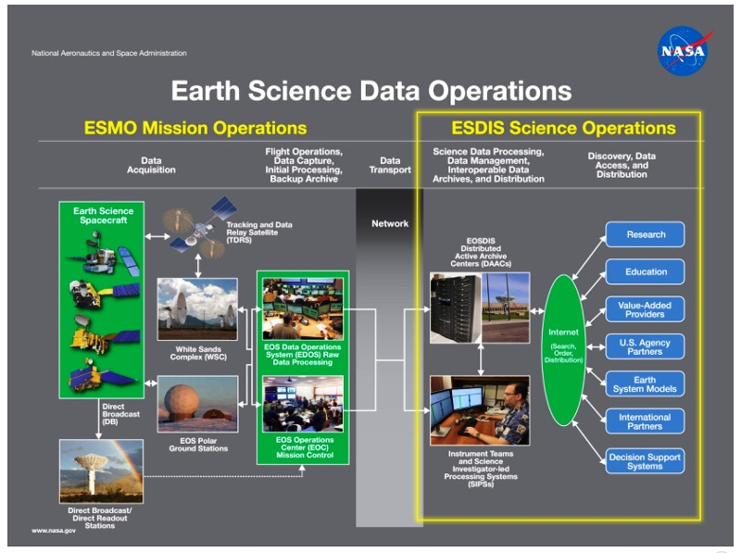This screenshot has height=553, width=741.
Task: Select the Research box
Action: pyautogui.click(x=645, y=234)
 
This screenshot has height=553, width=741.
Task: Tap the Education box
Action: pyautogui.click(x=645, y=271)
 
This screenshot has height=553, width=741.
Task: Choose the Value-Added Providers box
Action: pyautogui.click(x=645, y=309)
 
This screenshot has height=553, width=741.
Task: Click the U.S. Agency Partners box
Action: pyautogui.click(x=645, y=346)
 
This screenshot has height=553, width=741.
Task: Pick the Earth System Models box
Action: pyautogui.click(x=645, y=383)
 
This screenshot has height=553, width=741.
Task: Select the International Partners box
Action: pyautogui.click(x=645, y=421)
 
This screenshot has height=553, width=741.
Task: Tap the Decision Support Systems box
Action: pyautogui.click(x=645, y=460)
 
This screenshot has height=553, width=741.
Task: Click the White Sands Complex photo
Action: pyautogui.click(x=196, y=308)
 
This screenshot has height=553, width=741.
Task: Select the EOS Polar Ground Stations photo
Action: pyautogui.click(x=196, y=403)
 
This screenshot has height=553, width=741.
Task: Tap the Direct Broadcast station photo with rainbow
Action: pyautogui.click(x=101, y=471)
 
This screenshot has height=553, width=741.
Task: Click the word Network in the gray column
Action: pyautogui.click(x=389, y=223)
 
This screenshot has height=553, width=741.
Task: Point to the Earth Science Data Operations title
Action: pyautogui.click(x=370, y=91)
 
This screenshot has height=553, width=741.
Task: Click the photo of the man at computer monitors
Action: pyautogui.click(x=479, y=410)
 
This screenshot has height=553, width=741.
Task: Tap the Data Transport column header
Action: pyautogui.click(x=389, y=164)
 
